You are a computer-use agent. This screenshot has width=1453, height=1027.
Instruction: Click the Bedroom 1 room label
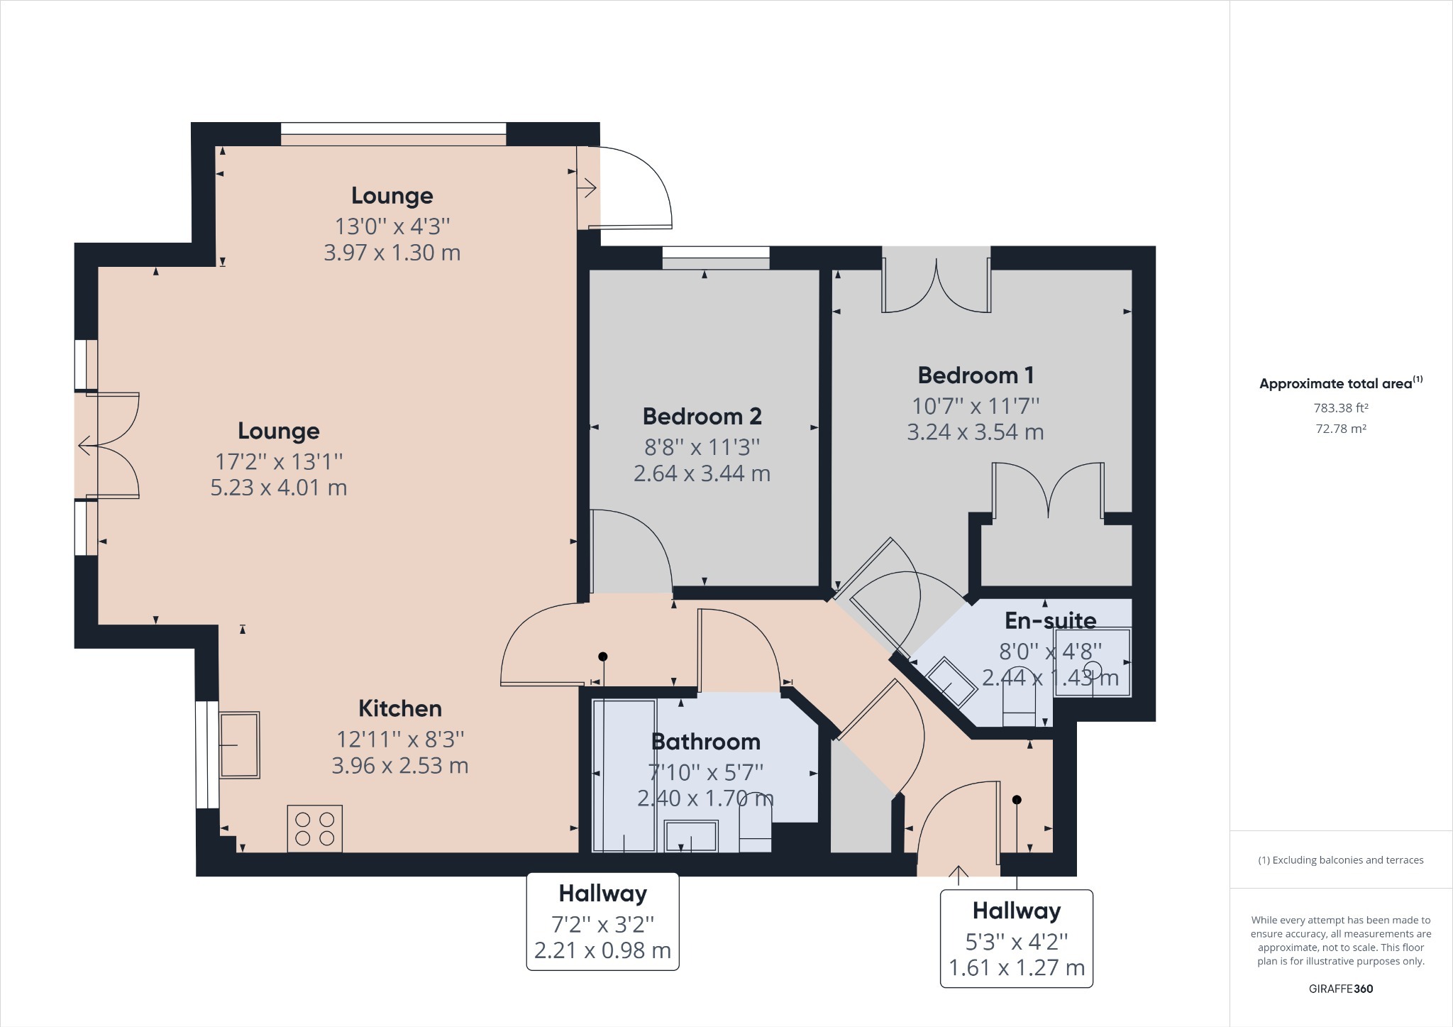tap(976, 375)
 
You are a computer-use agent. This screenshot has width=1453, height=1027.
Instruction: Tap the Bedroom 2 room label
tap(702, 416)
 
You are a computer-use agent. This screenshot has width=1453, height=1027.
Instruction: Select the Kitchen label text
tap(399, 708)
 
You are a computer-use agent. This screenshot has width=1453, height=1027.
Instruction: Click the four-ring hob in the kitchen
tap(314, 828)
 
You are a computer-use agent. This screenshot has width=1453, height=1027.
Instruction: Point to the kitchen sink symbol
tap(239, 745)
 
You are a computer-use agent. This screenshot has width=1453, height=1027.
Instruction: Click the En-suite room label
tap(1050, 620)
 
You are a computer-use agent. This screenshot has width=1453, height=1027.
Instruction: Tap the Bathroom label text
tap(705, 742)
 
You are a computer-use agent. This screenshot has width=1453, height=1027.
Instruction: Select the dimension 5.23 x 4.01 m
tap(278, 488)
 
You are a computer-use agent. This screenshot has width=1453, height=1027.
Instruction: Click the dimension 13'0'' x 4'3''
tap(392, 226)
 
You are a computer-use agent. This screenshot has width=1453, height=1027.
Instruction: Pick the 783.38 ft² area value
tap(1340, 408)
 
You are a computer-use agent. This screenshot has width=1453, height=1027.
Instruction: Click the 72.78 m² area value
tap(1340, 429)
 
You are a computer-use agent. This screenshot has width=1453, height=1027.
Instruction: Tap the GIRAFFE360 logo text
tap(1340, 989)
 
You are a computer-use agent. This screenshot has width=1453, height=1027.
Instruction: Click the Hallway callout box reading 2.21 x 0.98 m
tap(602, 921)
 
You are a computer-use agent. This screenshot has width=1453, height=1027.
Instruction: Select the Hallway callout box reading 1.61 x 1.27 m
tap(1016, 938)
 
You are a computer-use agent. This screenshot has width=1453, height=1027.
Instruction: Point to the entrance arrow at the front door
tap(958, 874)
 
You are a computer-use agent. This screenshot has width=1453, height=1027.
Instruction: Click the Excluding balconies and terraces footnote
tap(1340, 860)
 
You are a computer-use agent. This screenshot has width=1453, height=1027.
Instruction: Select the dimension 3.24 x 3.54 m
tap(975, 432)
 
